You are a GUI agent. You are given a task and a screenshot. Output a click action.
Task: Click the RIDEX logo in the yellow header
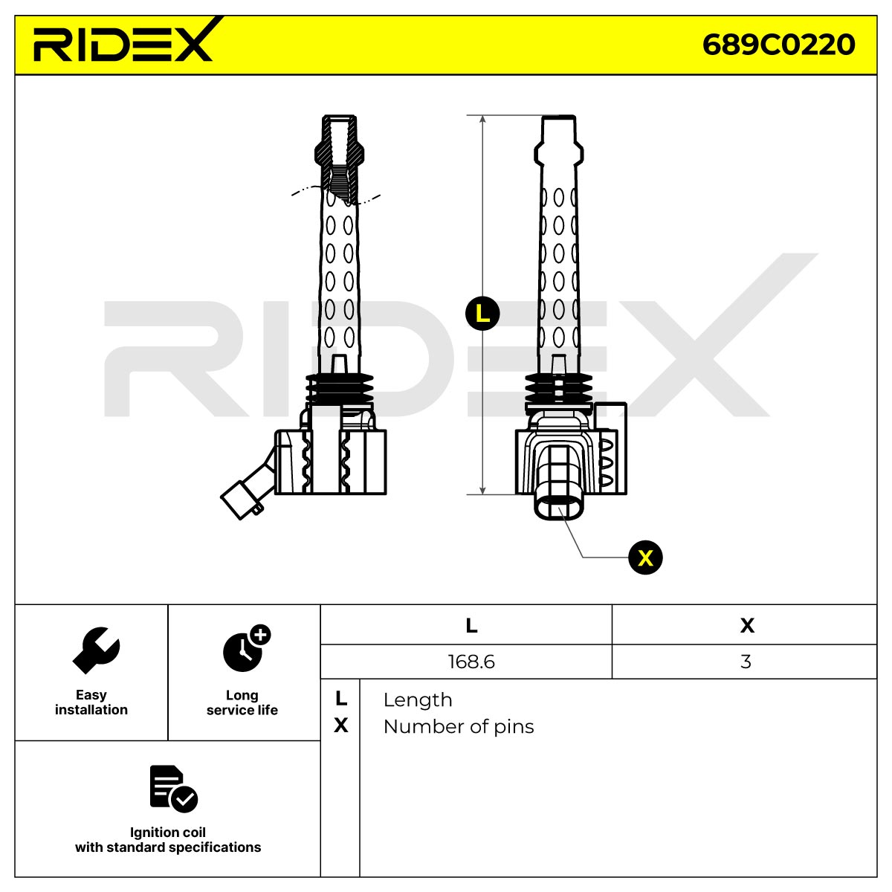pyautogui.click(x=125, y=41)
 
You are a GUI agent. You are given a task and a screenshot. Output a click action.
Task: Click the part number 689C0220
pyautogui.click(x=778, y=45)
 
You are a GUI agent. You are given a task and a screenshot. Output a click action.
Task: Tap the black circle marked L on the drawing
pyautogui.click(x=482, y=314)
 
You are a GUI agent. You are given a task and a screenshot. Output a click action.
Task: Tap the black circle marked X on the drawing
pyautogui.click(x=645, y=557)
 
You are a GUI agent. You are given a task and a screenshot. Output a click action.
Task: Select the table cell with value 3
pyautogui.click(x=744, y=662)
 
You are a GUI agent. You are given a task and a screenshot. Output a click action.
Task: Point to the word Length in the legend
pyautogui.click(x=418, y=700)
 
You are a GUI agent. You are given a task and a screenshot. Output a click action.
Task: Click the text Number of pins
pyautogui.click(x=459, y=727)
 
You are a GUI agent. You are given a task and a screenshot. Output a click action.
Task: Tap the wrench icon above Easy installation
pyautogui.click(x=97, y=650)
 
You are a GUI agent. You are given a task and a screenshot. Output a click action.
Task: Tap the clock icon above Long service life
pyautogui.click(x=246, y=648)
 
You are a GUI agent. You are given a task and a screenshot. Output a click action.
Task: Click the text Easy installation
pyautogui.click(x=91, y=702)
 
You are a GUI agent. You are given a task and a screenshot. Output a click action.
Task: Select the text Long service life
pyautogui.click(x=242, y=702)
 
